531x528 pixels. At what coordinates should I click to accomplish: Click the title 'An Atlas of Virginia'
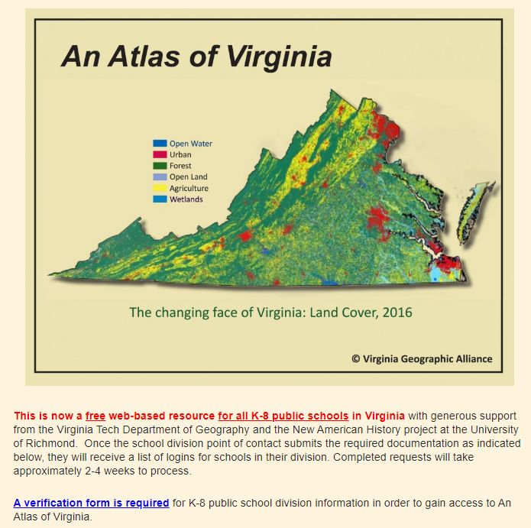click(x=196, y=57)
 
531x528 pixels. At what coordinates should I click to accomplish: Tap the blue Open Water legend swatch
click(x=160, y=144)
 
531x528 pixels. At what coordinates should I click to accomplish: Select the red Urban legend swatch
click(x=160, y=154)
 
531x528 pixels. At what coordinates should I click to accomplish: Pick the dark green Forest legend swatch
click(x=160, y=166)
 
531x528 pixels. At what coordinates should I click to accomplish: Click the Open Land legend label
click(x=189, y=177)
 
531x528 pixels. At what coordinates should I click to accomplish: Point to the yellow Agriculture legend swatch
click(x=160, y=188)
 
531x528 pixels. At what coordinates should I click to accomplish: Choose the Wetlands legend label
click(x=186, y=199)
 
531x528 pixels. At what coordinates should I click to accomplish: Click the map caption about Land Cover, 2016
click(x=270, y=313)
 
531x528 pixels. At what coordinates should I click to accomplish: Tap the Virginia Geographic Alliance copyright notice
click(x=422, y=358)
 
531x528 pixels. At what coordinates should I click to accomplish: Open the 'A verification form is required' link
click(x=91, y=503)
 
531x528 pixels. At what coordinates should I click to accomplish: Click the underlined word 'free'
click(x=96, y=416)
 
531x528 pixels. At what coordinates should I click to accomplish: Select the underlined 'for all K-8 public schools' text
click(x=283, y=416)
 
